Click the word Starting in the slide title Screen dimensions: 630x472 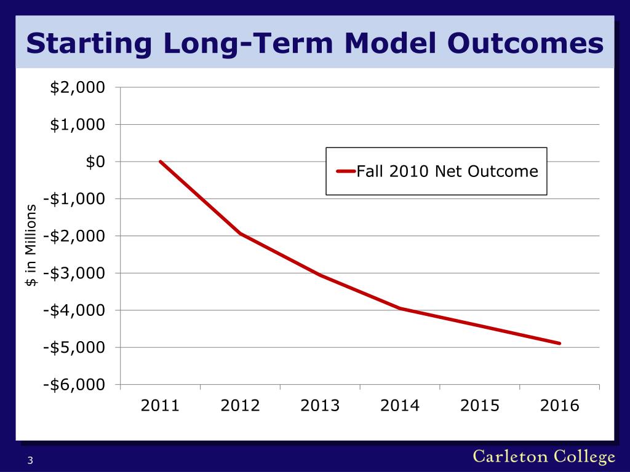tap(89, 44)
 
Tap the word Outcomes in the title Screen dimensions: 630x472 tap(525, 43)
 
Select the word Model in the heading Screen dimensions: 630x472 tap(390, 43)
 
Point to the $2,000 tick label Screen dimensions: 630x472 tap(78, 87)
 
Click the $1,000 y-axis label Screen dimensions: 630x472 tap(78, 125)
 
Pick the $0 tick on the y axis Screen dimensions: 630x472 tap(95, 162)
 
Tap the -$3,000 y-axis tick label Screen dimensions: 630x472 tap(74, 273)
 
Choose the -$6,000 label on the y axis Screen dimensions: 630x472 tap(74, 385)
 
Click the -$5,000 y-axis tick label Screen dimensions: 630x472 tap(74, 348)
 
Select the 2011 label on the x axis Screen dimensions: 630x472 tap(160, 406)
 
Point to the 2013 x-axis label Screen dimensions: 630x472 tap(320, 406)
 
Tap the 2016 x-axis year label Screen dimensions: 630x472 tap(560, 406)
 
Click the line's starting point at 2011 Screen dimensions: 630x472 tap(161, 162)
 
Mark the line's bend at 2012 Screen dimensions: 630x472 tap(240, 234)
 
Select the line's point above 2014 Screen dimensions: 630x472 tap(400, 309)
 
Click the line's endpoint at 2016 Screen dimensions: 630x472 tap(560, 344)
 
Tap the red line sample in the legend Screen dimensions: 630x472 tap(346, 171)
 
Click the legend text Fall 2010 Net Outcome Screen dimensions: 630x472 tap(447, 172)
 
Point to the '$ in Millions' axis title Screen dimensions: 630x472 tap(31, 245)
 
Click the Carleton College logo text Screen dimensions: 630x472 tap(544, 457)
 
